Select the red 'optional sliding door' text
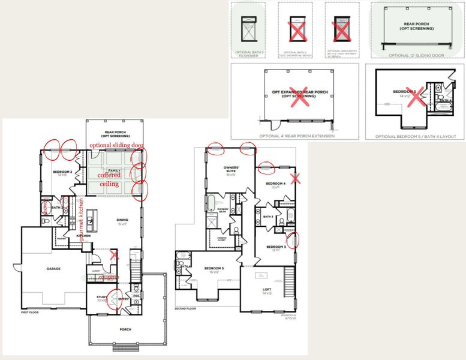coord(116,145)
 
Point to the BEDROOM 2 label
coord(62,173)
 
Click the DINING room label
coord(122,220)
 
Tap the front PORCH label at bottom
coord(125,329)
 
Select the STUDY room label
coord(101,298)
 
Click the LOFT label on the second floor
coord(267,290)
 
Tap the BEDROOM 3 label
coord(275,247)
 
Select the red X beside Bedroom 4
coord(294,178)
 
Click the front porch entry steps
coord(126,347)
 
